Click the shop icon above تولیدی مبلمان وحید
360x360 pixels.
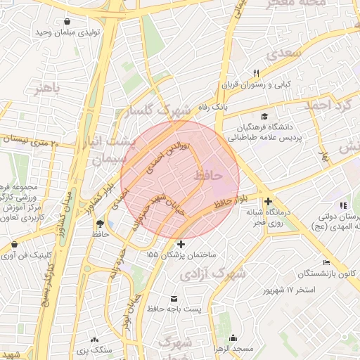click(67, 22)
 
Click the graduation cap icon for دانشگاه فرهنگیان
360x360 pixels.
click(264, 116)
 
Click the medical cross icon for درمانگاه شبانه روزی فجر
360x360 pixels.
click(268, 202)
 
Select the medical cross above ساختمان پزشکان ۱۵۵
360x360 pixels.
click(181, 245)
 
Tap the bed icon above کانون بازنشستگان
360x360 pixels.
click(326, 262)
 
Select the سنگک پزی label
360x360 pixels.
click(94, 349)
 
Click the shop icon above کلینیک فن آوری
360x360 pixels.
click(14, 245)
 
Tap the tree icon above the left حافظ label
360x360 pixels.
click(98, 224)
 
